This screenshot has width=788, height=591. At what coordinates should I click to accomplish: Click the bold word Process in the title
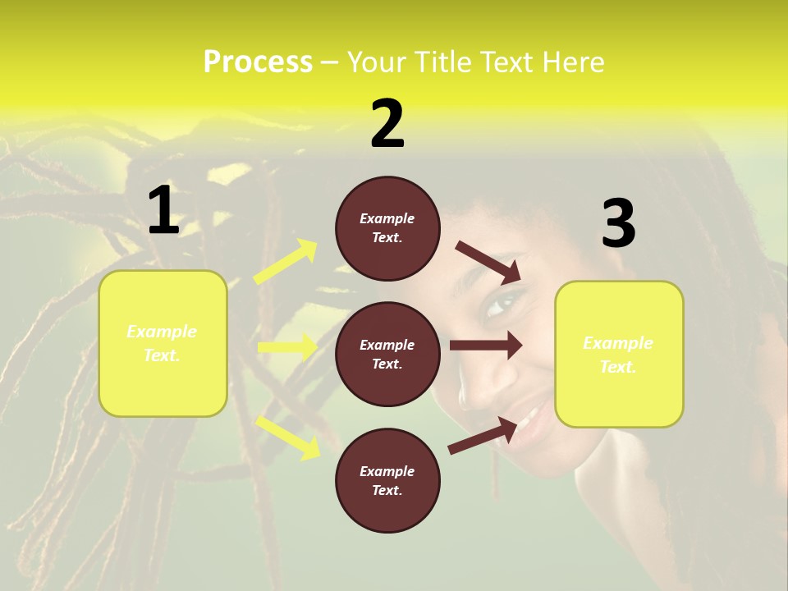click(258, 62)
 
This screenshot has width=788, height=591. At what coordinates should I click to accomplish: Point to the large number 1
click(163, 210)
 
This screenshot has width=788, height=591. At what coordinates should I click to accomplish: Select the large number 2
click(387, 124)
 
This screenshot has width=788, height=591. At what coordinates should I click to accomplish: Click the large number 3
click(618, 223)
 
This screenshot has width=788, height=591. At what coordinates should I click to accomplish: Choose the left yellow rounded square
click(163, 386)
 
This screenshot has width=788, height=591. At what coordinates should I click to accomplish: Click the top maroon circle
click(387, 254)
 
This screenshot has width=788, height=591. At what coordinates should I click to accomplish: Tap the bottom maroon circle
click(387, 509)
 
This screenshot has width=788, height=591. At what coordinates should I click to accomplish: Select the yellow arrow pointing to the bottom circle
click(288, 436)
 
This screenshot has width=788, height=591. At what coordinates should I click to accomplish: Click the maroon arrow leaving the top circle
click(488, 262)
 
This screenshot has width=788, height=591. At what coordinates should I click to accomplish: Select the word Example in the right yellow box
click(618, 343)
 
